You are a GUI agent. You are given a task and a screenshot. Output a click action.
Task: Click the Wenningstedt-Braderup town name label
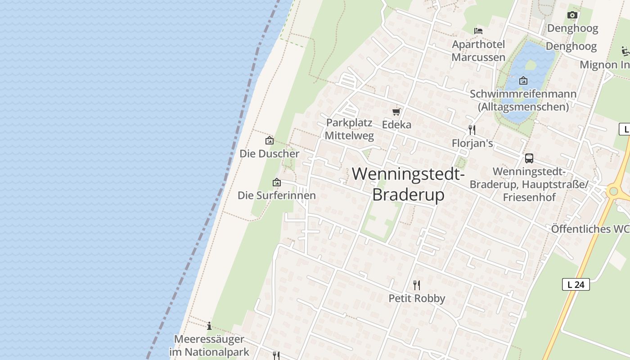408,184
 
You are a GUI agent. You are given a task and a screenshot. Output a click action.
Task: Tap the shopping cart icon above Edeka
396,112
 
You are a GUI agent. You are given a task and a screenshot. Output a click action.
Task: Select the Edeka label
396,125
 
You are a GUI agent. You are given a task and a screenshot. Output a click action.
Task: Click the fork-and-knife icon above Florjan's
472,130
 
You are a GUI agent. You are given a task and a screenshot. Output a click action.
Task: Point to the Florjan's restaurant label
472,144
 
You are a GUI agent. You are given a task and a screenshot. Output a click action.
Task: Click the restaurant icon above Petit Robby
417,285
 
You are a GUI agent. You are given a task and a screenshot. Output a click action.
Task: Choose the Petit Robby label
417,298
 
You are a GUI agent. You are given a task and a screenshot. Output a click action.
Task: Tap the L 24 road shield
576,284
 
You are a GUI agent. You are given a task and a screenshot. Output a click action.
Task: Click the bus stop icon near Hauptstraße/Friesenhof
529,158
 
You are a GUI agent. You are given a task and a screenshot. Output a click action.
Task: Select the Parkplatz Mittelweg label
349,129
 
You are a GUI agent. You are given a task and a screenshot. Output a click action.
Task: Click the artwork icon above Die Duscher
269,140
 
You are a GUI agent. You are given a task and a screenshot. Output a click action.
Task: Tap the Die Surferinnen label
276,195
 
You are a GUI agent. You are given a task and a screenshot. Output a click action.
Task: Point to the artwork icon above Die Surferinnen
277,182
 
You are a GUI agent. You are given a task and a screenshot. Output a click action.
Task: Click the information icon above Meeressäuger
209,326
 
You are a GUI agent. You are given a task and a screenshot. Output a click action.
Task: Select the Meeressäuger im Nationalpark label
209,345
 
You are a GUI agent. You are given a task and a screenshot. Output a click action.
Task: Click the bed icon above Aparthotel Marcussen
478,31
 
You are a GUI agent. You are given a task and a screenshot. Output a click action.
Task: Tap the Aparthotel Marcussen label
478,51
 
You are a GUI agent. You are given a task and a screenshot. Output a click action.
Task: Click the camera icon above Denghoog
572,15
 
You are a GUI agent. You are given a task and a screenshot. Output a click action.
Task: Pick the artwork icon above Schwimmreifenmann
523,81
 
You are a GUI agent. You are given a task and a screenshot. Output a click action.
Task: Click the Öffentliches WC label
590,229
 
